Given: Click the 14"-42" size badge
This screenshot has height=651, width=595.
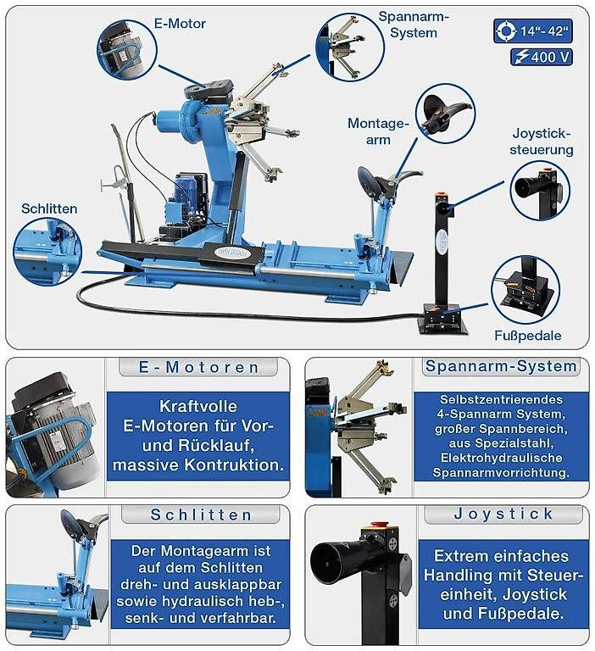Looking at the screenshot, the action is click(533, 31).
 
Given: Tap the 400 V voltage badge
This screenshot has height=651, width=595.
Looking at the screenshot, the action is click(542, 57).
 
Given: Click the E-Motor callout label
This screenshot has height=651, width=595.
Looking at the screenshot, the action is click(180, 23).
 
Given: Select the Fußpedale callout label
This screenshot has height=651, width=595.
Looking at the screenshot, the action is click(528, 336).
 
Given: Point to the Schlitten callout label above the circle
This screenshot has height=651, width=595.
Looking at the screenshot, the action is click(49, 209).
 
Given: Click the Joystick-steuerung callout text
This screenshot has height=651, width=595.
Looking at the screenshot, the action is click(542, 142).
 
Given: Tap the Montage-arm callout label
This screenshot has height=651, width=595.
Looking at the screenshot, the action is click(378, 131).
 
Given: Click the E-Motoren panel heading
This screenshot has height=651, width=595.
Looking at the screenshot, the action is click(198, 367).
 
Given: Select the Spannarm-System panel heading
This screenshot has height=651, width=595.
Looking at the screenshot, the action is click(501, 366).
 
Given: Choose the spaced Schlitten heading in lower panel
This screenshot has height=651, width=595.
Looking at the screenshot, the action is click(201, 515).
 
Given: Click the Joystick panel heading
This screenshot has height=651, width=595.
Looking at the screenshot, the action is click(503, 514).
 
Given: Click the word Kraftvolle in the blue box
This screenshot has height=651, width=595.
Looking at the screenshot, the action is click(198, 406).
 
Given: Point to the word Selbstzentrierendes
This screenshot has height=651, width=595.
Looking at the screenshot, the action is click(501, 399).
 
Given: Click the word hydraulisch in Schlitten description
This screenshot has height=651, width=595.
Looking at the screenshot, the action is click(203, 601).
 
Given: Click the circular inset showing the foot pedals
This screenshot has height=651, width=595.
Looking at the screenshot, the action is click(525, 290).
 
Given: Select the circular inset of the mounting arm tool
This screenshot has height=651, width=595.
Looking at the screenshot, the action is click(445, 114).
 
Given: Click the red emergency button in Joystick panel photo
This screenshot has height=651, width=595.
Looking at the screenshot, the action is click(378, 525).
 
